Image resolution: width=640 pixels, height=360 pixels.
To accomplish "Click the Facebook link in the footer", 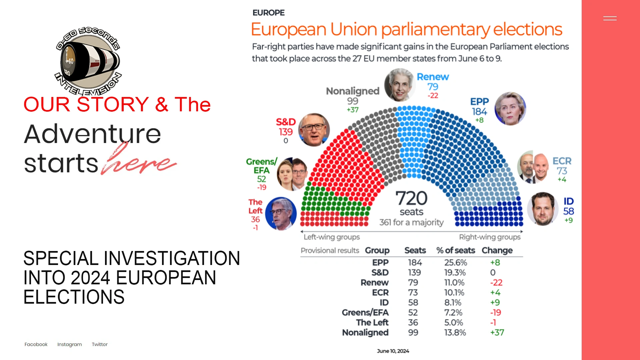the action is click(x=36, y=344).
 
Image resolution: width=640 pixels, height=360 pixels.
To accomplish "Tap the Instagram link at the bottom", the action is click(x=69, y=344).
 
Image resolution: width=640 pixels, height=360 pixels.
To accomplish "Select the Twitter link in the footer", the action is click(x=100, y=344).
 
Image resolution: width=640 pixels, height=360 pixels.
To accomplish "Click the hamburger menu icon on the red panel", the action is click(x=610, y=18).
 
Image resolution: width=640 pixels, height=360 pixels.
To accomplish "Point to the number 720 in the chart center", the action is click(x=411, y=198).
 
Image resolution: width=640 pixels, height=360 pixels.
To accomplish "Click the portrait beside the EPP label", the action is click(x=510, y=109).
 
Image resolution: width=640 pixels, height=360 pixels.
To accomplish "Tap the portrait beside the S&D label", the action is click(x=314, y=130).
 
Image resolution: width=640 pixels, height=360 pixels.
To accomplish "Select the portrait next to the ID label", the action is click(x=543, y=209).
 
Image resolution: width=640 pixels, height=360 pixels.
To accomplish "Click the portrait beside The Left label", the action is click(x=281, y=214).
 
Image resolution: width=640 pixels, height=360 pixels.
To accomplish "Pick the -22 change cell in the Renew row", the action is click(x=496, y=283).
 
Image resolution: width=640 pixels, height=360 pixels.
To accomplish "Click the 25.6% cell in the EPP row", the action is click(x=456, y=263).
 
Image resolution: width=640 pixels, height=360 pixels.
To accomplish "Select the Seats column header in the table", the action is click(x=415, y=250).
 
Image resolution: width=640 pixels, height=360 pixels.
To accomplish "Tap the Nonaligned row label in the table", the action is click(x=365, y=333).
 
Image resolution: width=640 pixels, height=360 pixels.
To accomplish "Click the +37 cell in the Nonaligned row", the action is click(x=497, y=333).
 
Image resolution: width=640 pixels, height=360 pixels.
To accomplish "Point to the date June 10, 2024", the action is click(x=393, y=351).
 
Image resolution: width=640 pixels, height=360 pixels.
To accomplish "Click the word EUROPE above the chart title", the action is click(x=269, y=13).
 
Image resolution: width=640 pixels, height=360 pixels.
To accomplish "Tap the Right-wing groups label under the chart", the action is click(x=490, y=237).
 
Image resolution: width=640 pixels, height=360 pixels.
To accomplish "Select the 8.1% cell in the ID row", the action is click(x=453, y=303).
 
